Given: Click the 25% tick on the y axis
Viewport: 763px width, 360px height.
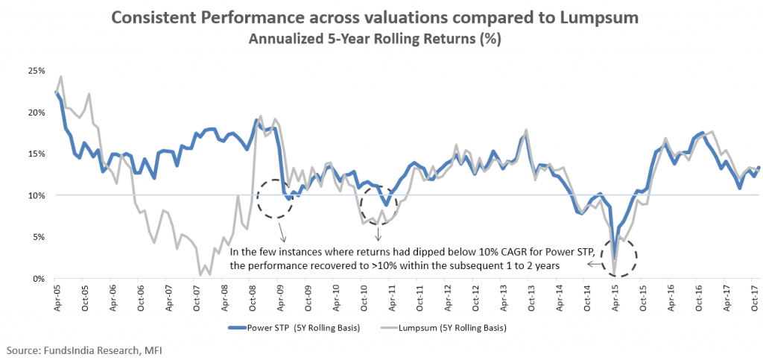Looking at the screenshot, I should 36,71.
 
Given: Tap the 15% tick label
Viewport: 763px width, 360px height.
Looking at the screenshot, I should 36,154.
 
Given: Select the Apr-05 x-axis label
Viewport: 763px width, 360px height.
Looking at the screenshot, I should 57,296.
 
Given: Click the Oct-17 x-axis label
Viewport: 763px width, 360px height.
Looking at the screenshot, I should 754,296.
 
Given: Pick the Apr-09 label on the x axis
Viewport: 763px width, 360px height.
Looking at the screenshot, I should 279,296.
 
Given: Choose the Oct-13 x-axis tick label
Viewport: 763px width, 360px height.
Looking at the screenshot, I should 531,296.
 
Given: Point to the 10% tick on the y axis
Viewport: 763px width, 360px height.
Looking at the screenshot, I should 36,195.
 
